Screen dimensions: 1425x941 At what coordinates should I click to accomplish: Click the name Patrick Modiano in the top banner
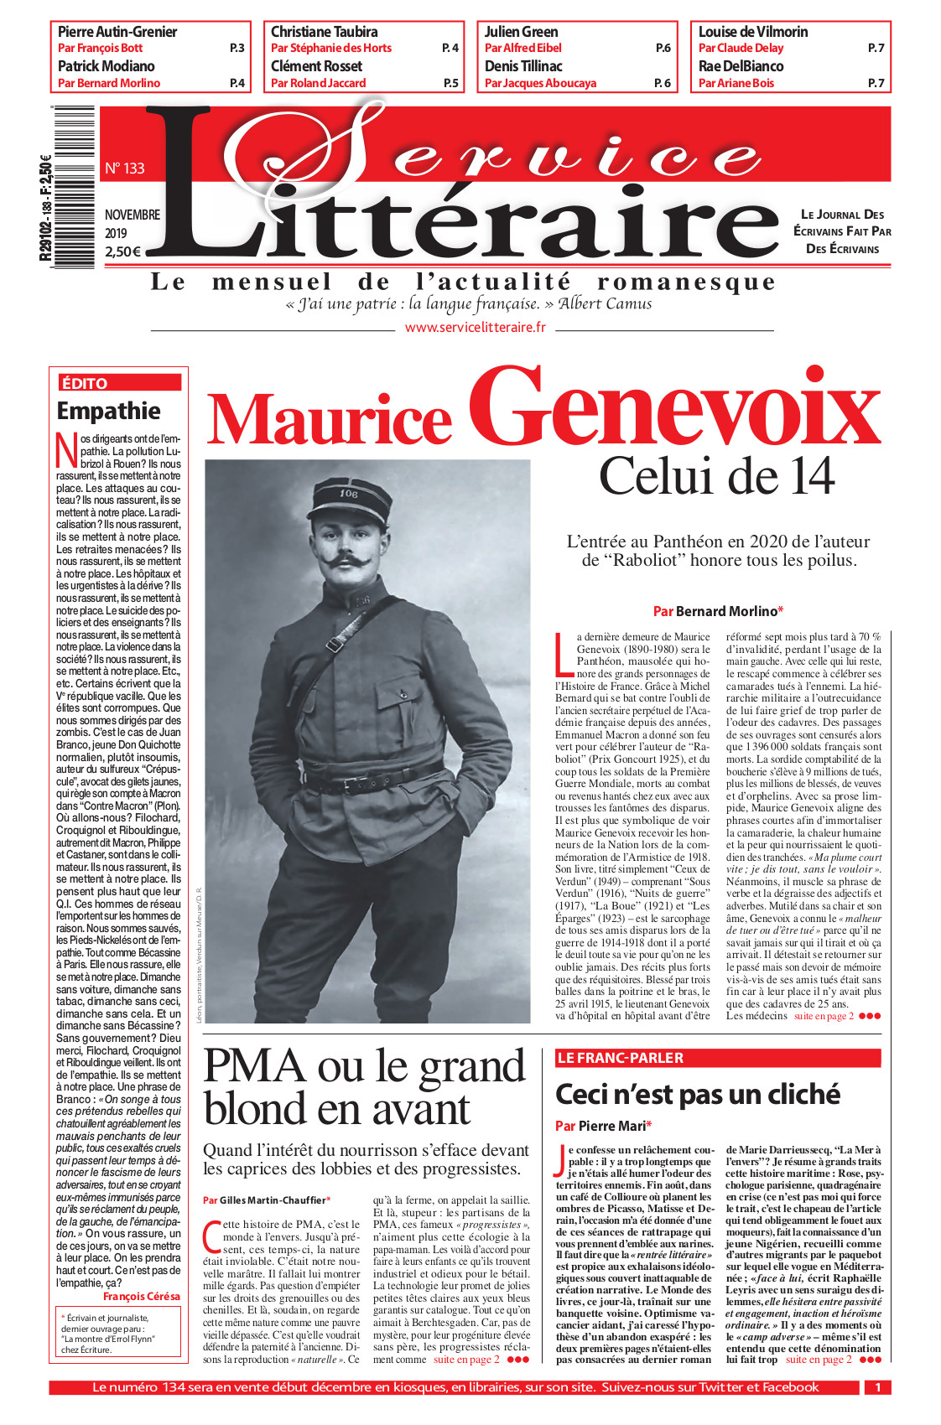[107, 66]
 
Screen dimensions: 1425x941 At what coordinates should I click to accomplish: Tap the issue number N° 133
[124, 168]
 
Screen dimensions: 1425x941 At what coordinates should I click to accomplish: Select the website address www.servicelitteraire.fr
[475, 328]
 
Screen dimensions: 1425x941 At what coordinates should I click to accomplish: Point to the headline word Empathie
[108, 411]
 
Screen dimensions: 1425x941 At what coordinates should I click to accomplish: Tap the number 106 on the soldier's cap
[349, 494]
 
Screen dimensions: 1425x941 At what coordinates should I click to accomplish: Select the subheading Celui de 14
[716, 476]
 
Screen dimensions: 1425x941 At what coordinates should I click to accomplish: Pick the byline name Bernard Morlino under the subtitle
[726, 611]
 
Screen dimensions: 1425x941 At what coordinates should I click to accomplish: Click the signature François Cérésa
[141, 1296]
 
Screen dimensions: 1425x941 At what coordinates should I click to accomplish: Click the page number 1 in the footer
[877, 1387]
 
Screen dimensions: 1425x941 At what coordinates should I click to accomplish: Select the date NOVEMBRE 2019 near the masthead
[132, 224]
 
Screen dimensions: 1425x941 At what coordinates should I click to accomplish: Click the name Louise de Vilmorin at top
[753, 32]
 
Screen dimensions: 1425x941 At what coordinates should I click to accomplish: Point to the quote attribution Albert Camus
[605, 303]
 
